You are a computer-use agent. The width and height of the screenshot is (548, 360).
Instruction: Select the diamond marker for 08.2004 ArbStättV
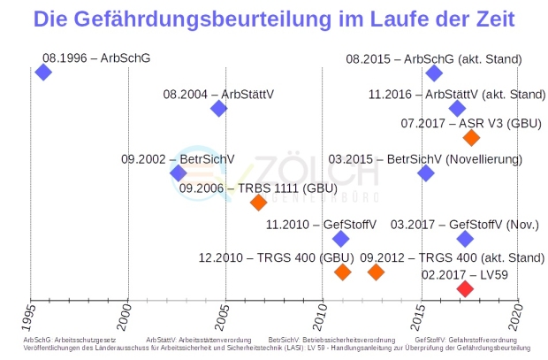tap(218, 109)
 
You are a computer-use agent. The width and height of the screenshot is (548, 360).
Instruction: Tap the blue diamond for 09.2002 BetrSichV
tap(179, 173)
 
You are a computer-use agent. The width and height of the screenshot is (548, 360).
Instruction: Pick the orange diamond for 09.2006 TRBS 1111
tap(258, 202)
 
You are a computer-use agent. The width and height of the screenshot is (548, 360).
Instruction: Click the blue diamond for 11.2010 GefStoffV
tap(341, 239)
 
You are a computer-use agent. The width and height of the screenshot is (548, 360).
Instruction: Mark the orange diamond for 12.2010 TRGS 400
tap(342, 272)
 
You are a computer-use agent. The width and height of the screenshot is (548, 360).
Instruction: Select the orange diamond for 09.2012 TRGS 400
tap(376, 272)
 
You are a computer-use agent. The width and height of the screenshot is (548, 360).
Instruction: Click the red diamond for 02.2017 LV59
tap(465, 288)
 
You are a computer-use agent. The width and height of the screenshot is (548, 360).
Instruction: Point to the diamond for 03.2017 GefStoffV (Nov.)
tap(465, 239)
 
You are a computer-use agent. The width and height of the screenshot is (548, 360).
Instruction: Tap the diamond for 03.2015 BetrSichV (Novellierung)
tap(426, 173)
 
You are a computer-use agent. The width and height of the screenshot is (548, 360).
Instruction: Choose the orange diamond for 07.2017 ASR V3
tap(471, 137)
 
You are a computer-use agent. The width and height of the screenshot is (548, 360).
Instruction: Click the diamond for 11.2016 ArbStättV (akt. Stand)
tap(457, 109)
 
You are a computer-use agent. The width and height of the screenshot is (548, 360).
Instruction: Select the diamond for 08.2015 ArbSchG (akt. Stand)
tap(433, 73)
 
